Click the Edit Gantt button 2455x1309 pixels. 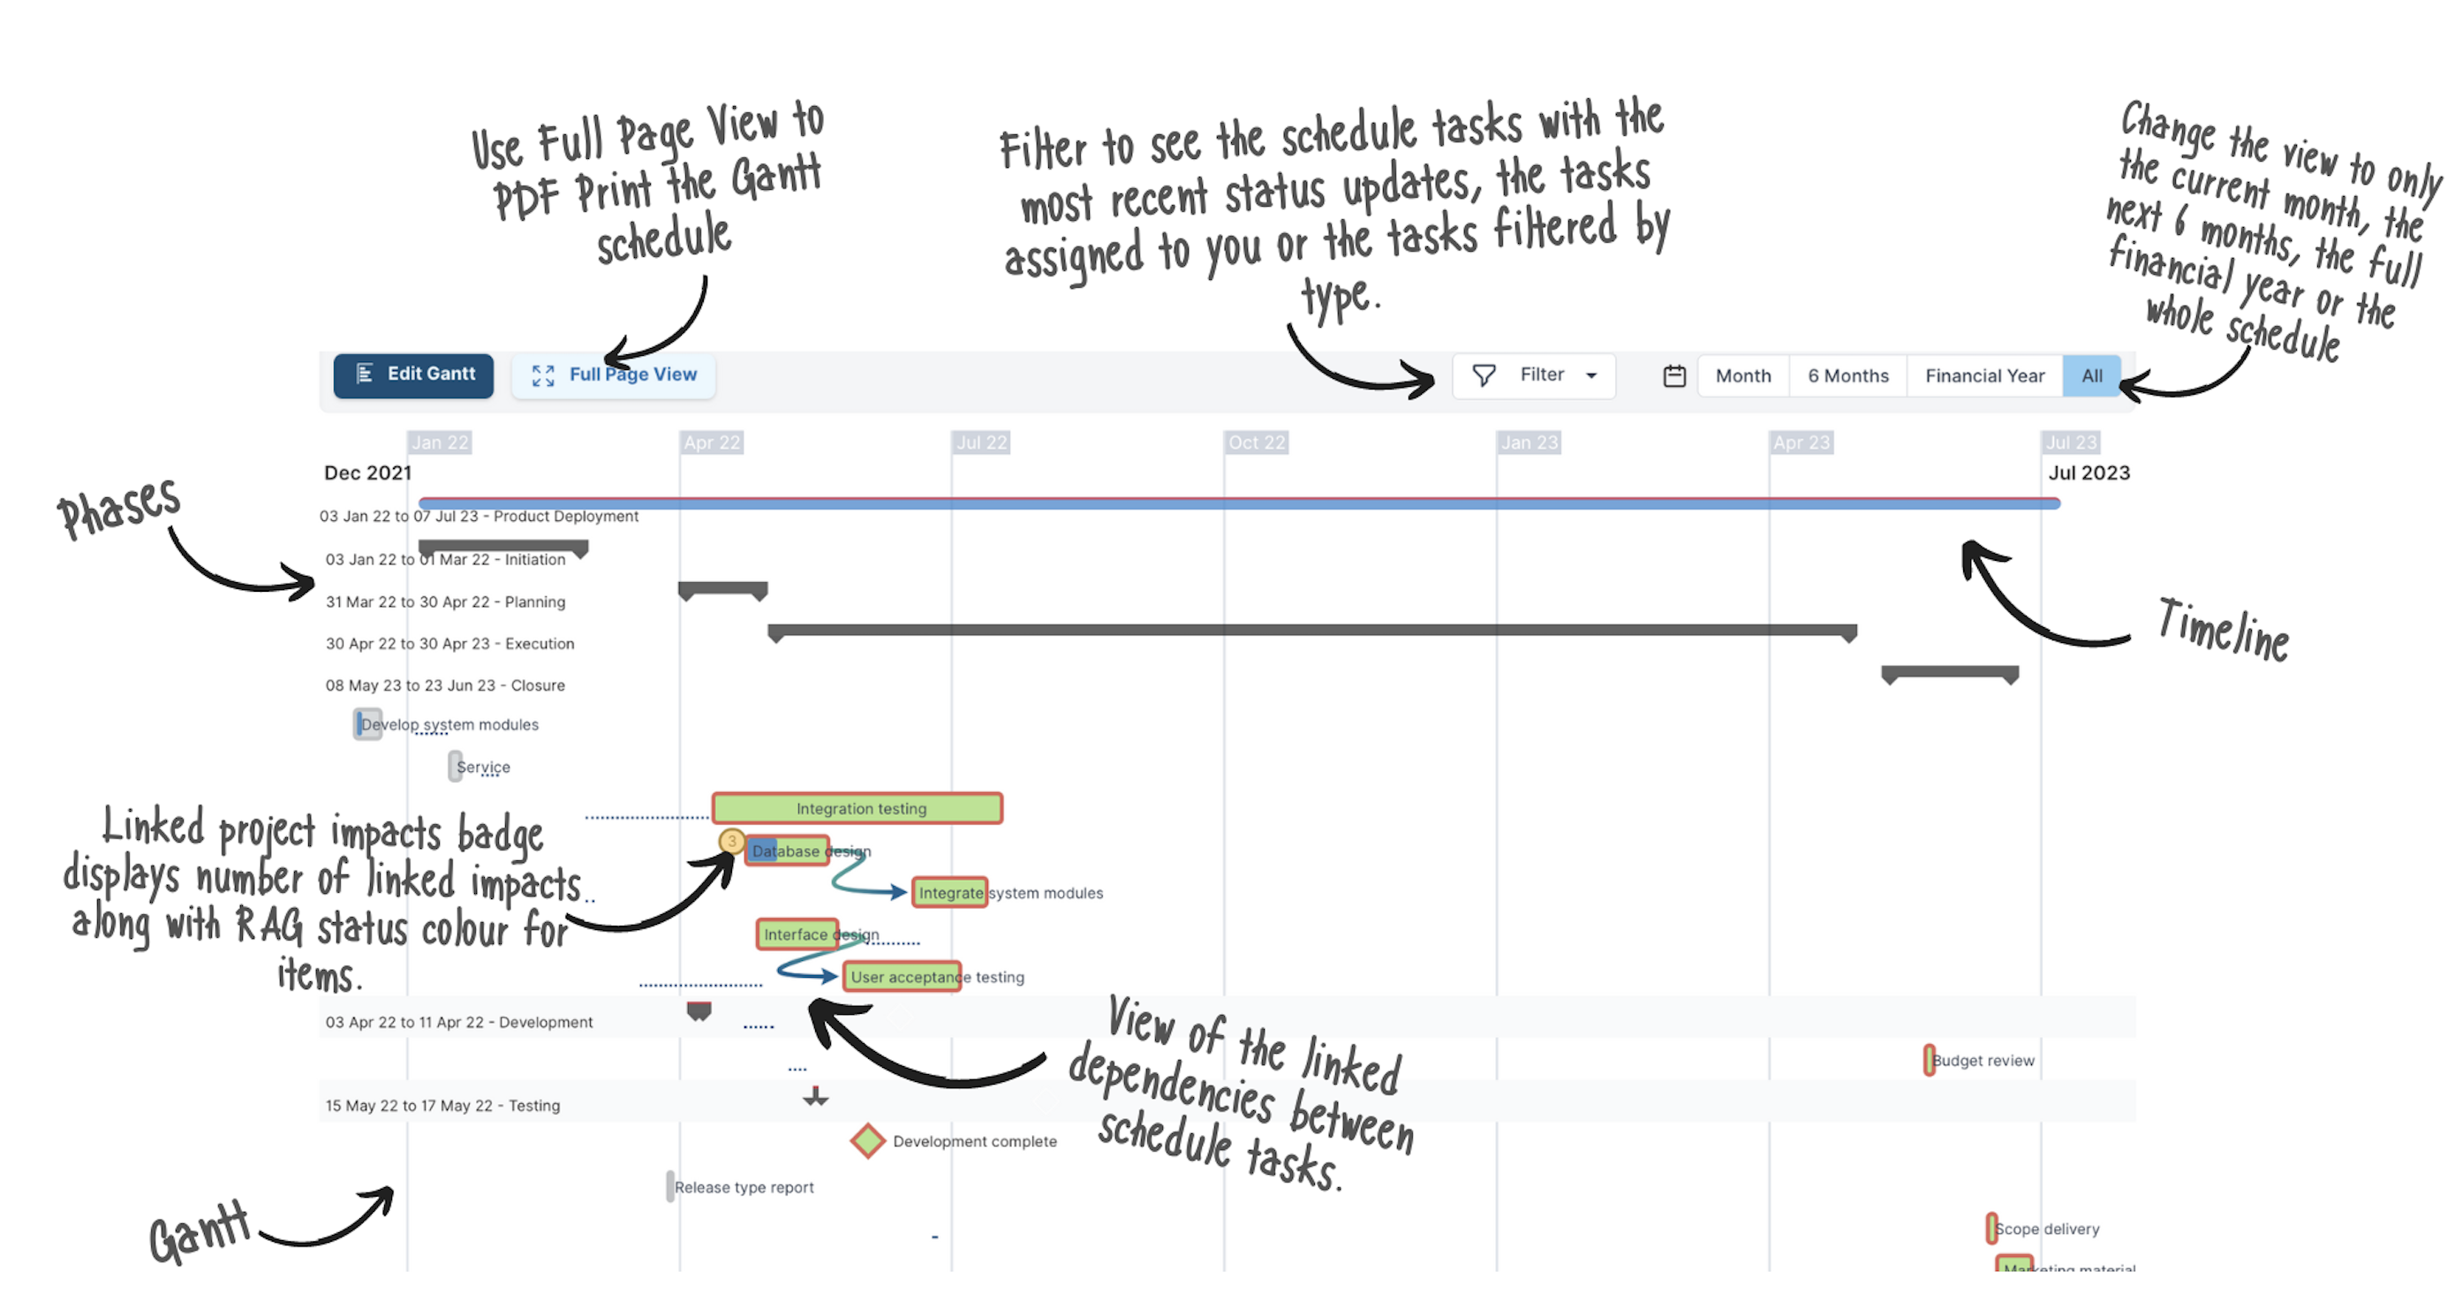point(413,375)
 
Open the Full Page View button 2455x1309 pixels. point(615,375)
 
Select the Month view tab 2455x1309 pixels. point(1742,375)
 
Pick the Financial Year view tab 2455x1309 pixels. point(1984,375)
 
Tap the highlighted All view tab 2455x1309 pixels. point(2091,375)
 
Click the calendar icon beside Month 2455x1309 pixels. point(1673,375)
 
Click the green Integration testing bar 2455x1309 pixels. point(857,807)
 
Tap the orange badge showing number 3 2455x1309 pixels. point(731,841)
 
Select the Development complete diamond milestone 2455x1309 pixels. point(866,1140)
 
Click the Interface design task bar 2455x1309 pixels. point(797,934)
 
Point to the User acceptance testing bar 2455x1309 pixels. point(902,976)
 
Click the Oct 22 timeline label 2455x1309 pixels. point(1256,443)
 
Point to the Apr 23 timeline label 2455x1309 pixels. point(1801,443)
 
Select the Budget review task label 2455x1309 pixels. point(1983,1060)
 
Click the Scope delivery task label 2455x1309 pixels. point(2046,1229)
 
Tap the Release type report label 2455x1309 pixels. point(744,1187)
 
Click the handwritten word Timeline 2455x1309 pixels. point(2224,629)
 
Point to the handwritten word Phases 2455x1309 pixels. point(119,505)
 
